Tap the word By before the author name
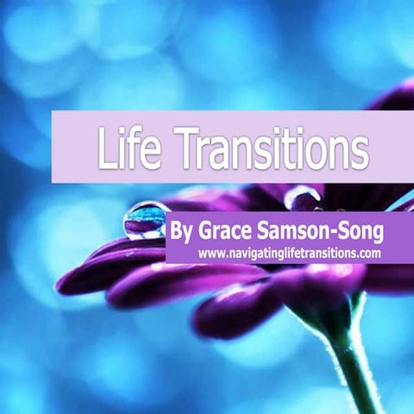[x=185, y=232]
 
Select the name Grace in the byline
[x=227, y=232]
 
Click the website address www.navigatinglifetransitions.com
[x=289, y=254]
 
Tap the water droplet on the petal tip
[x=145, y=219]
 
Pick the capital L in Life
[x=106, y=150]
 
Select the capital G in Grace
[x=207, y=232]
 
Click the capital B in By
[x=179, y=232]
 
